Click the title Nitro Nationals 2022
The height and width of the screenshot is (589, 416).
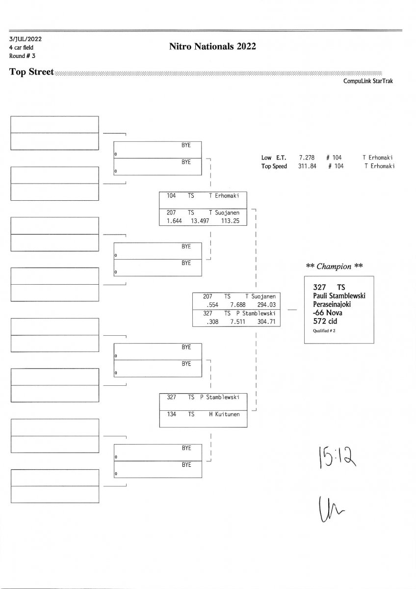tap(212, 47)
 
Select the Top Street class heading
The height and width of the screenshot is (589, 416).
tap(31, 72)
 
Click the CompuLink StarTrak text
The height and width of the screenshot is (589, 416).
tap(368, 81)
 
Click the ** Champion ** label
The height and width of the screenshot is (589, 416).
tap(335, 267)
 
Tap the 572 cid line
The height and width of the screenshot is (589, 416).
tap(325, 321)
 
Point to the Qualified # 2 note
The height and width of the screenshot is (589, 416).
tap(324, 331)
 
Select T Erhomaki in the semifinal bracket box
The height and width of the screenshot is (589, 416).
tap(224, 195)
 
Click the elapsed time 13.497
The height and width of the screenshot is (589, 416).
tap(200, 221)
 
